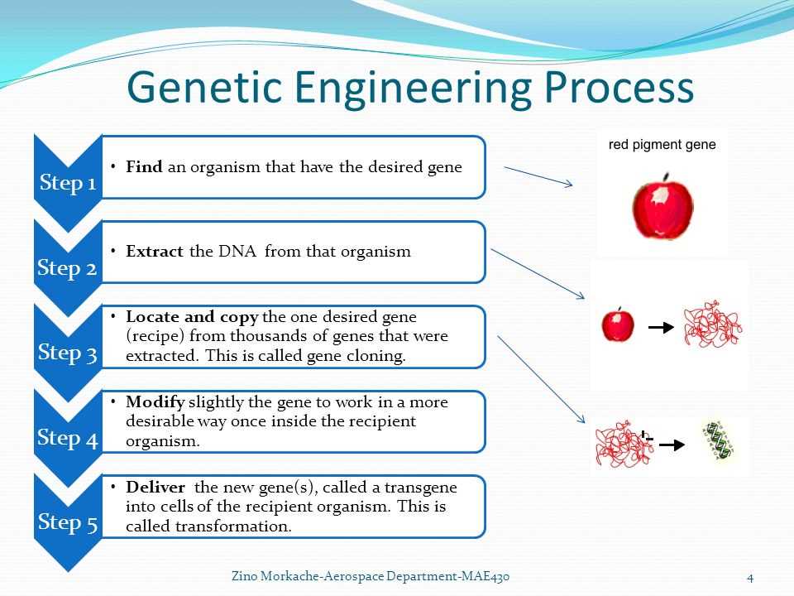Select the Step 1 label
pos(68,183)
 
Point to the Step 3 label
pos(68,353)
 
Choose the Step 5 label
pos(68,522)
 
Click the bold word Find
pos(144,167)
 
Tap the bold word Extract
pos(155,252)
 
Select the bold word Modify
pos(155,402)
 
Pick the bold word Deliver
pos(155,487)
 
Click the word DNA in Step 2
pos(237,252)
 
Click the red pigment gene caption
pos(662,145)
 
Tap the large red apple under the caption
pos(662,207)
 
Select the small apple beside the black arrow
pos(617,324)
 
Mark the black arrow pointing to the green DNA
pos(671,445)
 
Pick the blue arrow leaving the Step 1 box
pos(538,175)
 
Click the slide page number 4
pos(749,577)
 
